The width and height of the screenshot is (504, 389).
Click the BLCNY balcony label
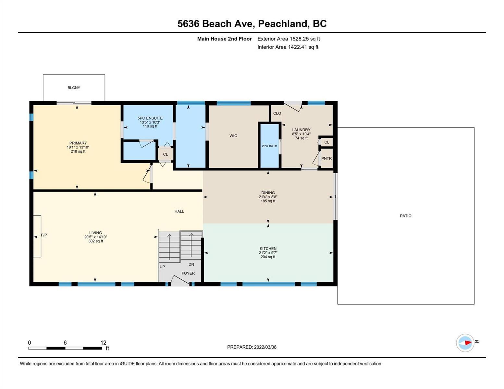74,88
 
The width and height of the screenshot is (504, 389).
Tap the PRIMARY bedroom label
78,143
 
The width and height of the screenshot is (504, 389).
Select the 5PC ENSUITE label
150,118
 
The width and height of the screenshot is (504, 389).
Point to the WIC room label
233,136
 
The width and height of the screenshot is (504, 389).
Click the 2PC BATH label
269,146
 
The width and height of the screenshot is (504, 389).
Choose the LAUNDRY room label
301,130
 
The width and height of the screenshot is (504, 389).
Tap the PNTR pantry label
326,159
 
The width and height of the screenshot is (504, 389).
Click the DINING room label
268,193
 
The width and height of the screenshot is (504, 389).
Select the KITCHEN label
268,248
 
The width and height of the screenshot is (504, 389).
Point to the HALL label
179,211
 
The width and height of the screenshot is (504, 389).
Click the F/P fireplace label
44,235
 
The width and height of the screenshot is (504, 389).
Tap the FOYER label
188,273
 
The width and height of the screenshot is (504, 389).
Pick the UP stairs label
162,267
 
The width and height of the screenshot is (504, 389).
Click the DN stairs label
191,264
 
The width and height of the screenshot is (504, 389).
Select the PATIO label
405,216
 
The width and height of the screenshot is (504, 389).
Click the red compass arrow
469,342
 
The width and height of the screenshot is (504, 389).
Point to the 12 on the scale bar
103,342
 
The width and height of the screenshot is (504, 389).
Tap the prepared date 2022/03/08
265,347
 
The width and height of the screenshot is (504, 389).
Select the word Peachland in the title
284,24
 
